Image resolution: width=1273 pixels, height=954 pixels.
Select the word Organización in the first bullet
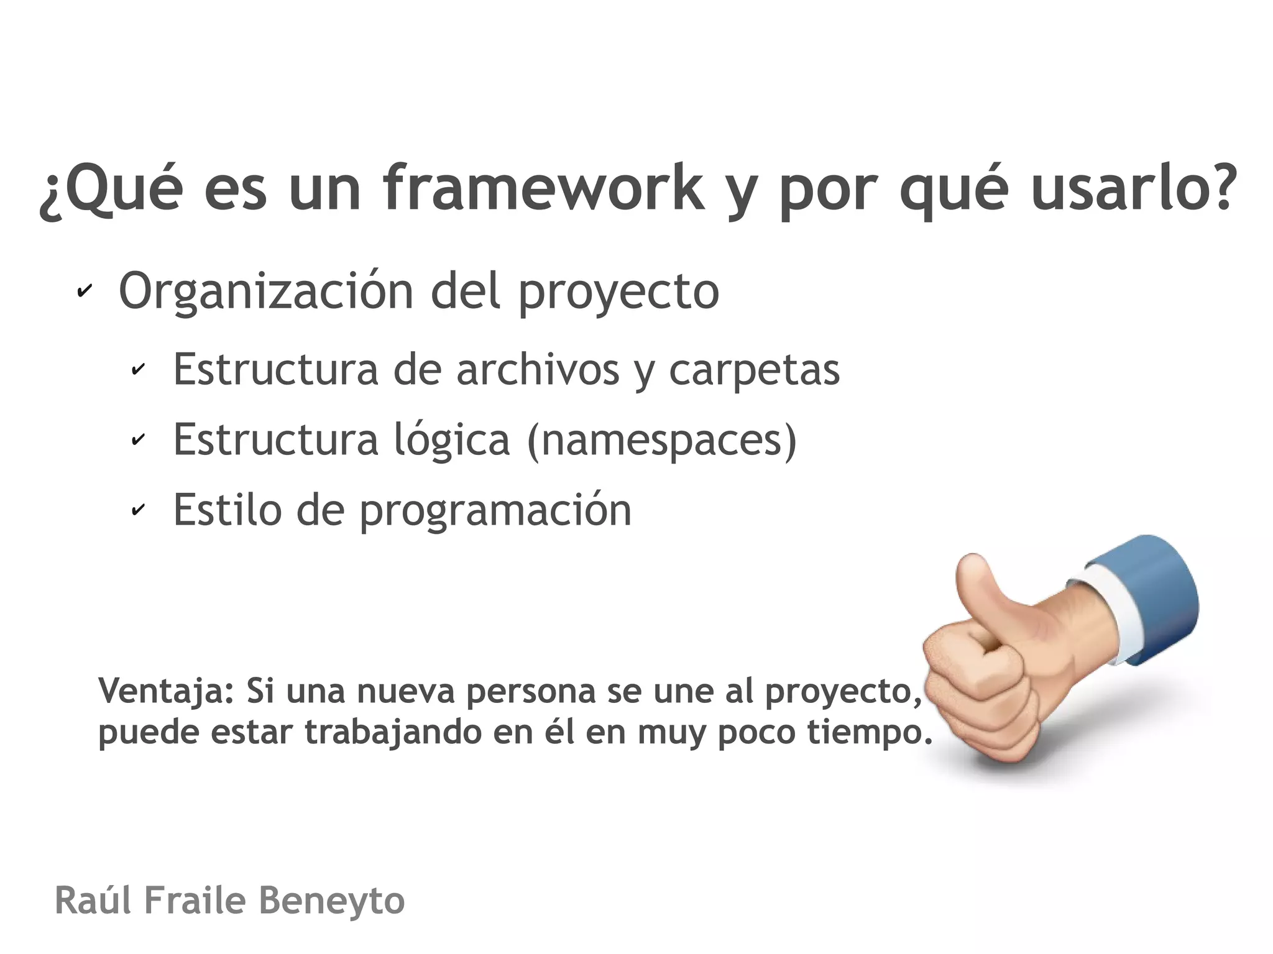[266, 292]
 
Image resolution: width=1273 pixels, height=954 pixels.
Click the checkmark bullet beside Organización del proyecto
[84, 291]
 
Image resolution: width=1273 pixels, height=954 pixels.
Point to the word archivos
[538, 370]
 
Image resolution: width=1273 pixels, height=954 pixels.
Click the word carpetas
[754, 370]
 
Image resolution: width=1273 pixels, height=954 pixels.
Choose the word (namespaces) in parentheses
[661, 441]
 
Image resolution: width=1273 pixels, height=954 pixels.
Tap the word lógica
[452, 441]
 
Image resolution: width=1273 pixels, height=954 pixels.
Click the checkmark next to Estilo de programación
[138, 510]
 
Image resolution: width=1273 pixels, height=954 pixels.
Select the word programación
[495, 511]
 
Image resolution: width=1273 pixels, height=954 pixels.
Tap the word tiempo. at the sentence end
[870, 733]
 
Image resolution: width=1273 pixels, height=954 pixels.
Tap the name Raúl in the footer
[93, 901]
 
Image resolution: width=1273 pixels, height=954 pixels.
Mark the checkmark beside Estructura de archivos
[138, 370]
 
